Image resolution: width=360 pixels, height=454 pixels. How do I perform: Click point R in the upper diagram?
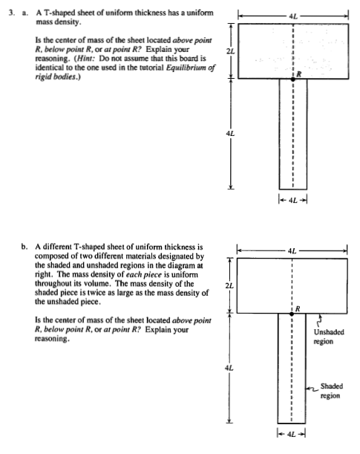292,77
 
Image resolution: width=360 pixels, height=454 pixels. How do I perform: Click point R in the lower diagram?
292,313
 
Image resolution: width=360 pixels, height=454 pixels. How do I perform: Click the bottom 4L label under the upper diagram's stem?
292,199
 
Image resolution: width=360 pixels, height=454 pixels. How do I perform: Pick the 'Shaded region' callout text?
331,391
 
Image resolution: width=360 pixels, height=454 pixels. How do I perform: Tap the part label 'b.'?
25,244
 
